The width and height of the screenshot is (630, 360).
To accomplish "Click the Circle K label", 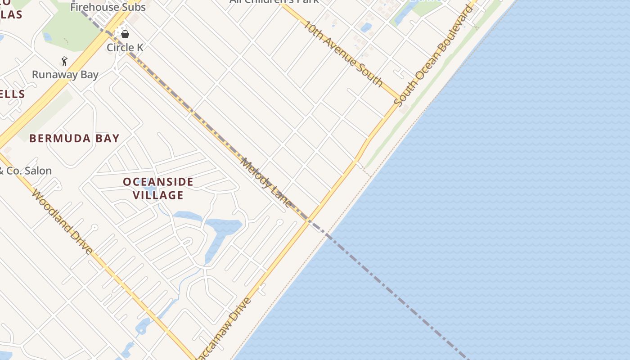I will click(x=125, y=47).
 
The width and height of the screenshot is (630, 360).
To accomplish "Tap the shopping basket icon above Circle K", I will click(x=125, y=34).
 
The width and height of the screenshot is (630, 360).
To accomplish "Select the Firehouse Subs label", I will click(x=108, y=7).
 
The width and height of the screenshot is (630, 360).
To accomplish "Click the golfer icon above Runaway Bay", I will click(x=65, y=61).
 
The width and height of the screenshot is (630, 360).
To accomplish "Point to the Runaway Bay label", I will click(x=65, y=74).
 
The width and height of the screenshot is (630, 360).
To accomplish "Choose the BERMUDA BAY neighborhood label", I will click(x=75, y=138).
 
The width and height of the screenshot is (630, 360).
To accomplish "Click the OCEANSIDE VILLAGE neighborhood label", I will click(x=158, y=188).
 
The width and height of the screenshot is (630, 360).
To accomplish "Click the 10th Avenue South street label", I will click(x=342, y=53).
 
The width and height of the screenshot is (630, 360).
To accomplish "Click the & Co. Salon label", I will click(x=26, y=171).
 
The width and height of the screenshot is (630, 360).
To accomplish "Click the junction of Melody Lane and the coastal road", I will click(x=308, y=221).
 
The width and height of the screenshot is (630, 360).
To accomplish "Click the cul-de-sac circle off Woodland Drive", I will click(x=94, y=228).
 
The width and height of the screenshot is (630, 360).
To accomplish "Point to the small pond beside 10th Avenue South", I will click(x=366, y=27).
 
